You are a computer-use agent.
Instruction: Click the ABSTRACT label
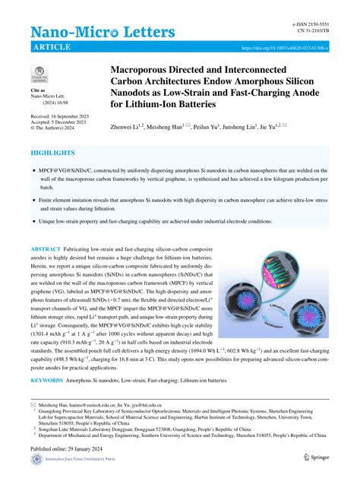pyautogui.click(x=50, y=248)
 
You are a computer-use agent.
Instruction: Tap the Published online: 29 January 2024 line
pyautogui.click(x=69, y=448)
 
